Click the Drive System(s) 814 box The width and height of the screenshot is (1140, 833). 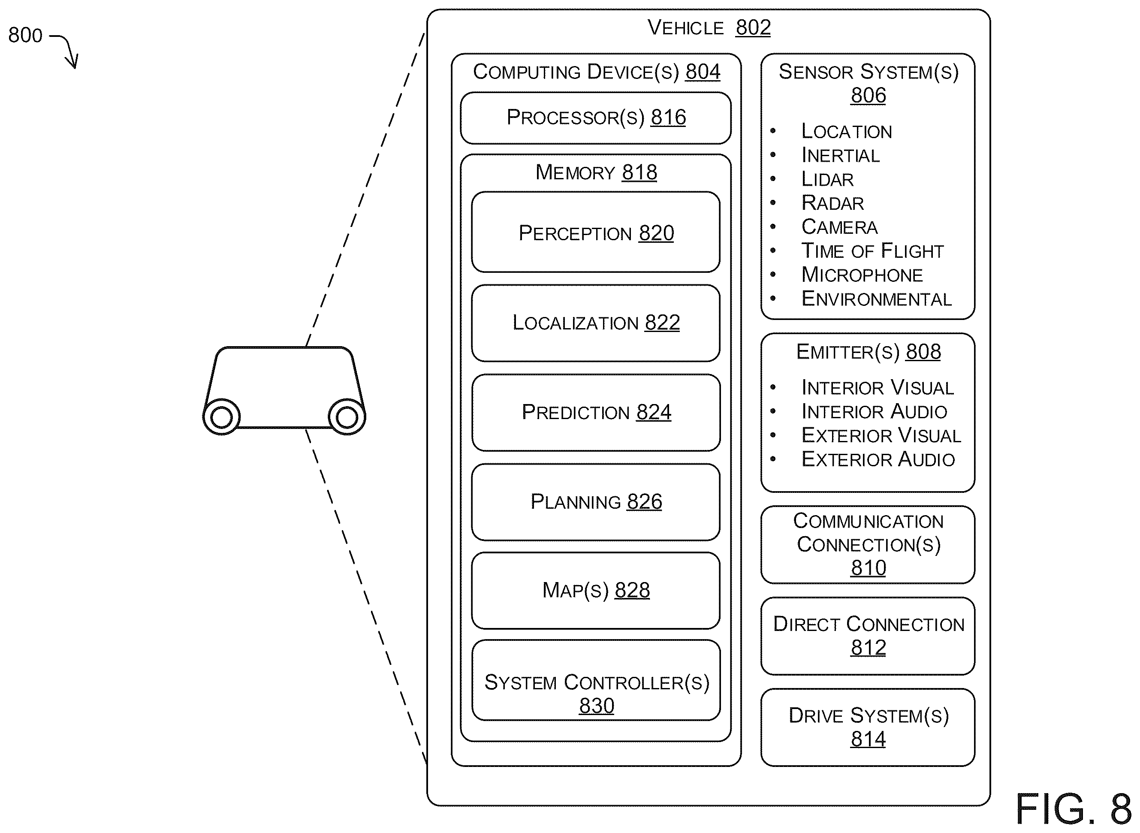[x=868, y=727]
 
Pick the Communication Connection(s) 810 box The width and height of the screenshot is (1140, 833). [x=868, y=545]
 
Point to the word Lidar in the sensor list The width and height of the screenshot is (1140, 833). [x=827, y=179]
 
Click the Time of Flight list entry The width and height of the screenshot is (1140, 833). [x=872, y=251]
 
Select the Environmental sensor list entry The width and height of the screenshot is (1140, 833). [x=876, y=299]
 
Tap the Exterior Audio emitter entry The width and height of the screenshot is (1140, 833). [x=878, y=459]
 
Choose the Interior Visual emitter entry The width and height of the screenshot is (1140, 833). [x=878, y=388]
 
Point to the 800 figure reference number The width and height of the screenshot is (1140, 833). [x=25, y=35]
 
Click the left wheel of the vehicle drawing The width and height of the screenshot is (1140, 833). [x=221, y=416]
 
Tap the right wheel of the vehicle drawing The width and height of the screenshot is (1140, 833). [x=347, y=416]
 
